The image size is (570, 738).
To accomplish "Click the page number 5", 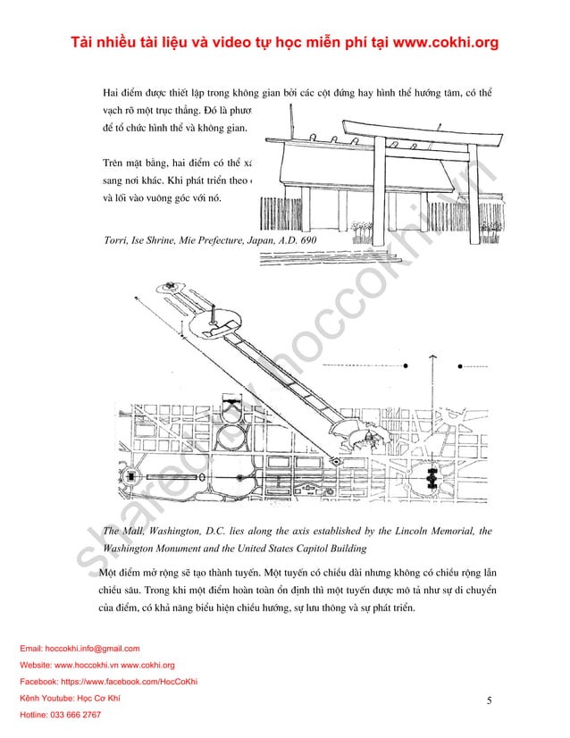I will pyautogui.click(x=490, y=700).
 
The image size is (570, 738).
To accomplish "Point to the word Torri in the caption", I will pyautogui.click(x=118, y=241).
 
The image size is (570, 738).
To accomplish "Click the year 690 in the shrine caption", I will pyautogui.click(x=308, y=241).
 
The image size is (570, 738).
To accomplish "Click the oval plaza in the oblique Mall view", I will pyautogui.click(x=214, y=324).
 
